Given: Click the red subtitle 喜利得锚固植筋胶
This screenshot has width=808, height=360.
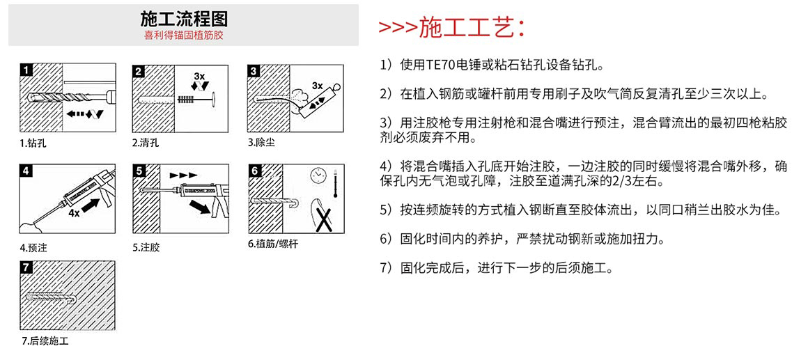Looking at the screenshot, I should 183,34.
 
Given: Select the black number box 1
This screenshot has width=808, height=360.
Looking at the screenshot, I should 26,70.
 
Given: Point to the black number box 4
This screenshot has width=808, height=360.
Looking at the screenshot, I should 26,171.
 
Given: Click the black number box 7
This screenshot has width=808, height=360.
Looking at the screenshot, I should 26,267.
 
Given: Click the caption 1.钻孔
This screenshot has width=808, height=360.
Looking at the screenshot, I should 33,143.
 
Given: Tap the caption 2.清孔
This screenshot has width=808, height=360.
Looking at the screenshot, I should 146,143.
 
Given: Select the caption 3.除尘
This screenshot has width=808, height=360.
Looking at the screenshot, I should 261,143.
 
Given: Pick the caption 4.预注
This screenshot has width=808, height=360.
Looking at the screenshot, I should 33,247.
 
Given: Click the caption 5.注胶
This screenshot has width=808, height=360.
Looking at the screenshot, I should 146,247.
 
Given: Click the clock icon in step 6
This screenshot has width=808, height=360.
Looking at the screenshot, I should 319,173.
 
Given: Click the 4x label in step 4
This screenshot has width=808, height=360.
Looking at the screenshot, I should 74,213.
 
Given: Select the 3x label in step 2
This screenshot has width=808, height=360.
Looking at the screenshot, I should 199,75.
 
